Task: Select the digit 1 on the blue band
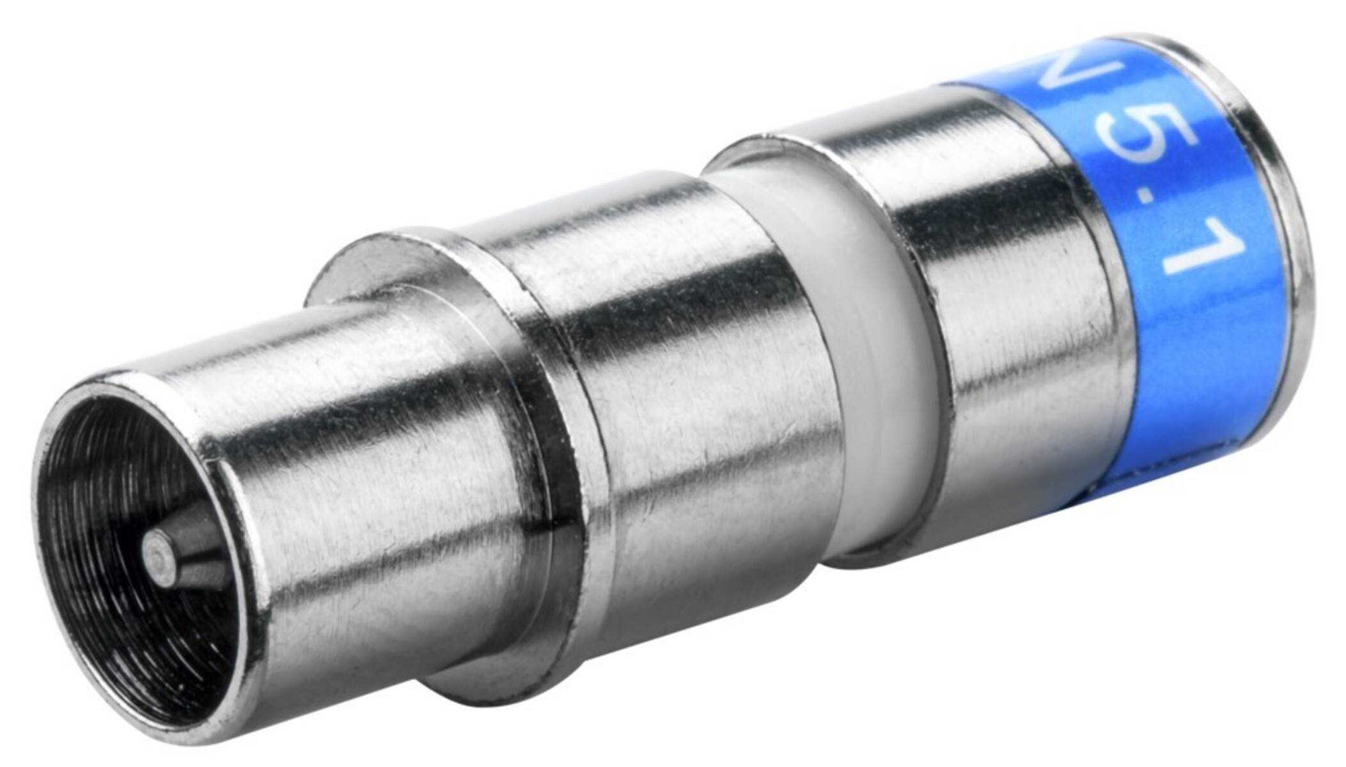(x=1189, y=256)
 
